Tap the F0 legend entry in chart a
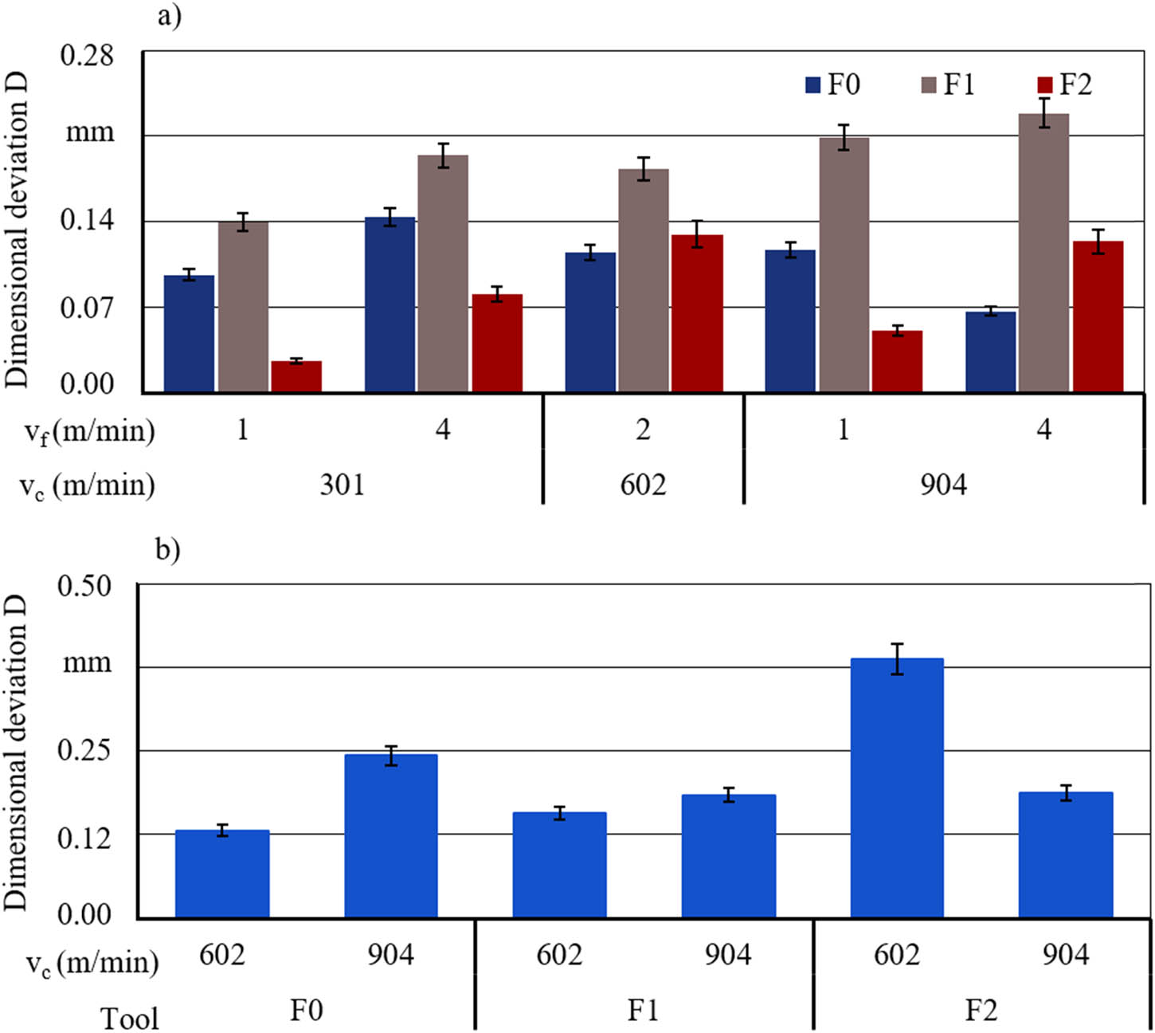point(832,84)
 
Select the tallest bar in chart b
point(897,788)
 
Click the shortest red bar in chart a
point(296,376)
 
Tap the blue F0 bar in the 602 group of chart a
point(590,322)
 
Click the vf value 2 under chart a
point(643,430)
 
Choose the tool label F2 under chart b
point(981,1011)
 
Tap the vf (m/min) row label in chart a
point(88,431)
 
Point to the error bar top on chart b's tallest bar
point(897,644)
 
